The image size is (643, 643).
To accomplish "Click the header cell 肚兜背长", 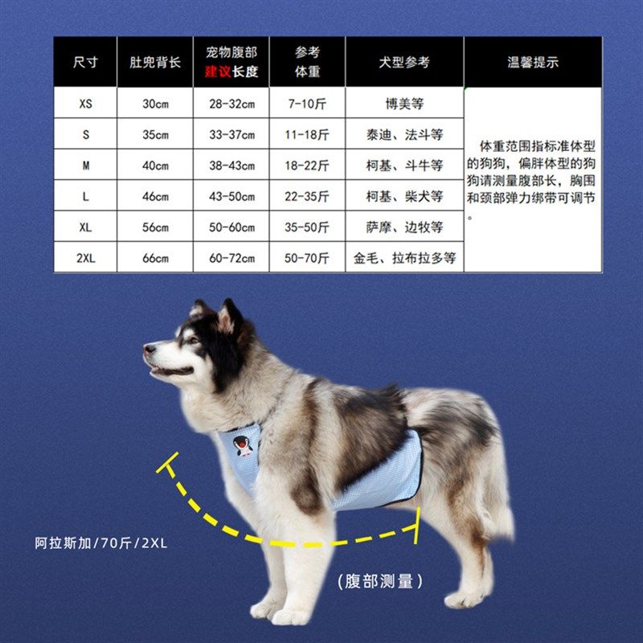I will [x=154, y=63].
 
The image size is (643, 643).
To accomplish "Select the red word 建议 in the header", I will [x=216, y=72].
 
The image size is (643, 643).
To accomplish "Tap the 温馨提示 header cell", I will [x=532, y=63].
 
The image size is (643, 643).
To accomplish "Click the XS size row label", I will [x=86, y=104].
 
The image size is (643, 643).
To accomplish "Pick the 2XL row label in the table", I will [x=86, y=257].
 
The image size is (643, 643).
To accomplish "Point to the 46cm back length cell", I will [x=155, y=196].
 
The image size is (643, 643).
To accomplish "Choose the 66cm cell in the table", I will [x=155, y=257].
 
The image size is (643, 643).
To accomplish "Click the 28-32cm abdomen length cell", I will [x=231, y=104].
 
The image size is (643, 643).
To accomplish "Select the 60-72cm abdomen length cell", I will [x=231, y=257].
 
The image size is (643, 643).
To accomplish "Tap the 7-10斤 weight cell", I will [x=307, y=104].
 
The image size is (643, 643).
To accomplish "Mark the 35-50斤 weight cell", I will [x=307, y=227].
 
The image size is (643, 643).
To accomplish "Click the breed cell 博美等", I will [x=404, y=104].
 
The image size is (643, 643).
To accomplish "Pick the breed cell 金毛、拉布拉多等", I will [x=404, y=257].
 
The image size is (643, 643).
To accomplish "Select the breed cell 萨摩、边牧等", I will [x=404, y=227].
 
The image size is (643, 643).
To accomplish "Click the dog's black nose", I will [x=149, y=350].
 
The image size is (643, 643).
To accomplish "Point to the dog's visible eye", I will [x=193, y=339].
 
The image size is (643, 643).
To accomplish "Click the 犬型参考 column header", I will [x=404, y=63].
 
